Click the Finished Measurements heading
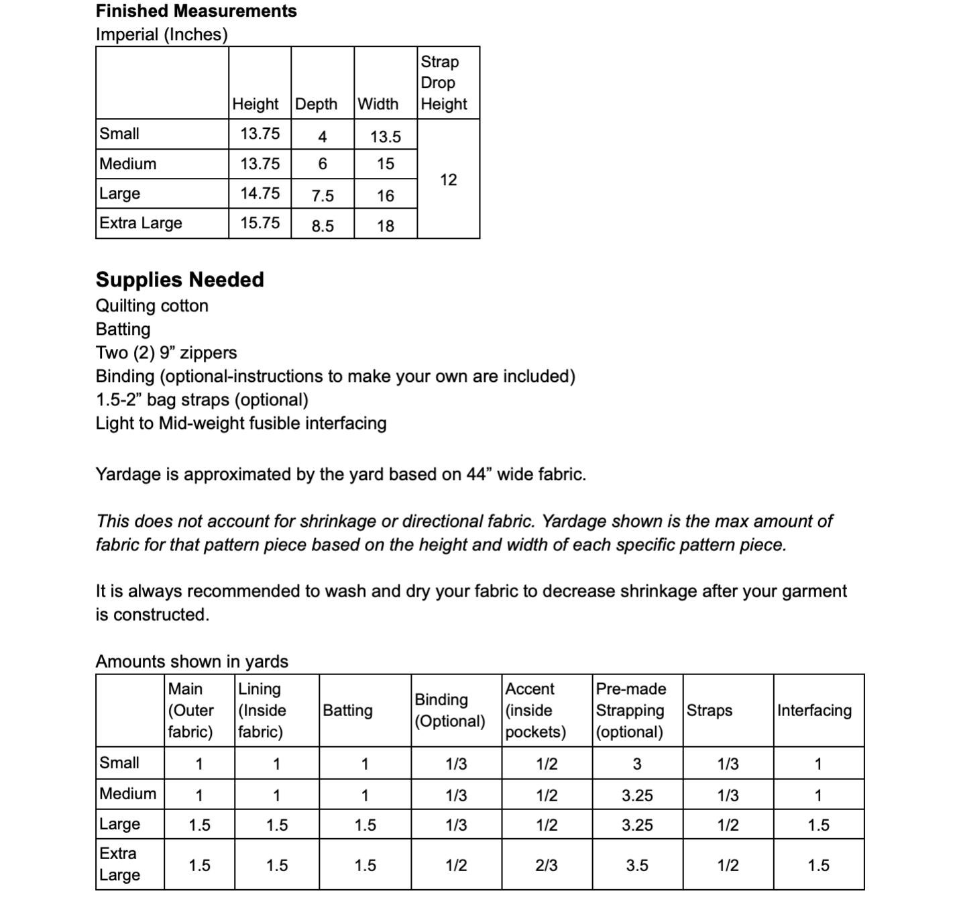tap(196, 11)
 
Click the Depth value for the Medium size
tap(323, 164)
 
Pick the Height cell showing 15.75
tap(260, 223)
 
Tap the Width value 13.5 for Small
tap(386, 137)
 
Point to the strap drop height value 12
tap(449, 180)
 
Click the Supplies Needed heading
tap(180, 279)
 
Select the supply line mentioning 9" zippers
tap(166, 352)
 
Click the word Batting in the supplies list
tap(123, 329)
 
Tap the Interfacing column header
tap(814, 710)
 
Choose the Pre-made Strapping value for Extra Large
tap(637, 866)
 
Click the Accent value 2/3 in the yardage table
tap(547, 866)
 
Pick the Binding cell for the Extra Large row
tap(456, 866)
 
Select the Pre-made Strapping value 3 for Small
tap(637, 764)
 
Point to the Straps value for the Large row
tap(728, 825)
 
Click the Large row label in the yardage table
tap(120, 824)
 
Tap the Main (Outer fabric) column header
tap(191, 710)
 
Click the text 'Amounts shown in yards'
tap(192, 661)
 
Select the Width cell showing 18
tap(386, 226)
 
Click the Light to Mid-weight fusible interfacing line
tap(241, 423)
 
